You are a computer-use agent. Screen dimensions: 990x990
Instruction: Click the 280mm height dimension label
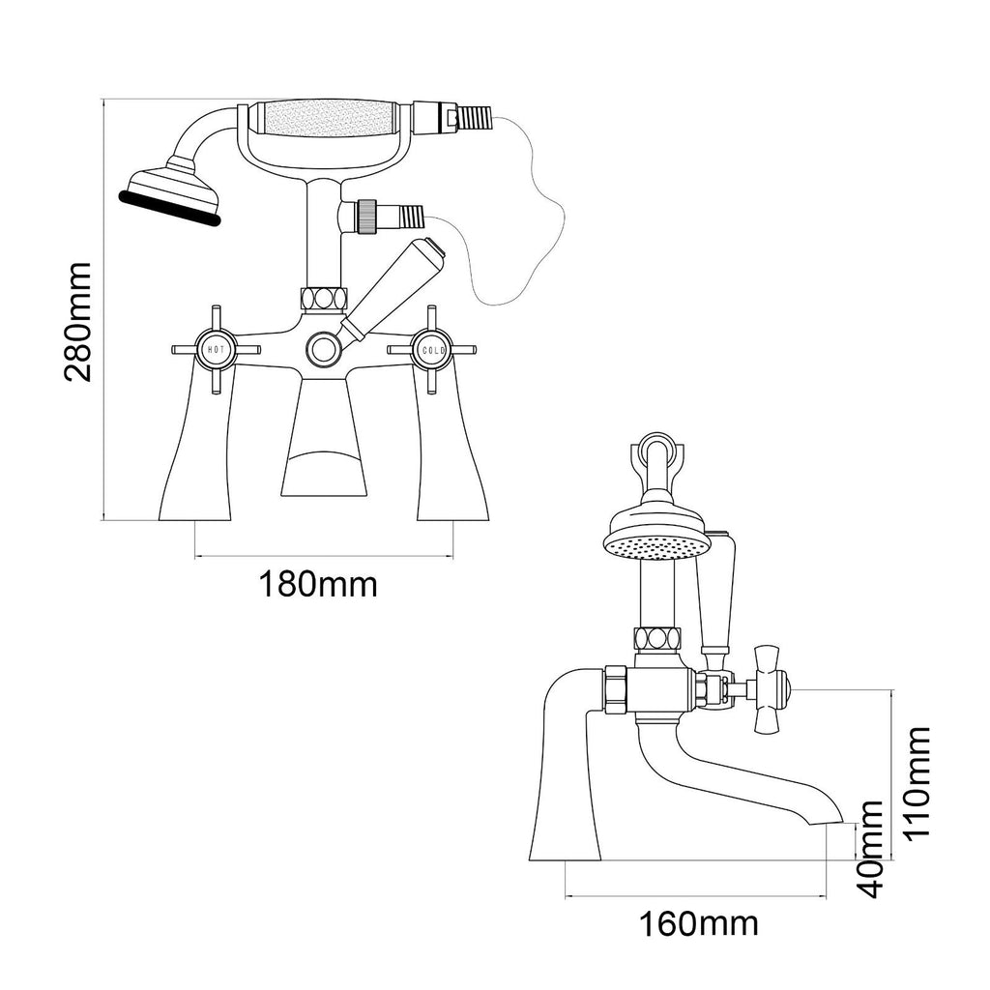pyautogui.click(x=78, y=321)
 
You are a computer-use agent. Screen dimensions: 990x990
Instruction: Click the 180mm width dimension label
pyautogui.click(x=318, y=585)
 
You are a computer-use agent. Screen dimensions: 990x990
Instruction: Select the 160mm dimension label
pyautogui.click(x=699, y=925)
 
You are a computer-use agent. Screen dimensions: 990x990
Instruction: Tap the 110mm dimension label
pyautogui.click(x=917, y=782)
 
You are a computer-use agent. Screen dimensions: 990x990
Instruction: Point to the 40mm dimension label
pyautogui.click(x=872, y=849)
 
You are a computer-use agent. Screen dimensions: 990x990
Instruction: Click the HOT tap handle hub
pyautogui.click(x=216, y=349)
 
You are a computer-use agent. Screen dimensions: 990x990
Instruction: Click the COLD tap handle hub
pyautogui.click(x=432, y=349)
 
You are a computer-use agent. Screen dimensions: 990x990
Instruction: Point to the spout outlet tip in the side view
pyautogui.click(x=833, y=821)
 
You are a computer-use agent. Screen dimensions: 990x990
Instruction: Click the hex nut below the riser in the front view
pyautogui.click(x=324, y=298)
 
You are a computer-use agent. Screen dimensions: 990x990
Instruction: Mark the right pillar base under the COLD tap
pyautogui.click(x=452, y=442)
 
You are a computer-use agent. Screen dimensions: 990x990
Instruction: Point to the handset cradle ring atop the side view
pyautogui.click(x=657, y=450)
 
